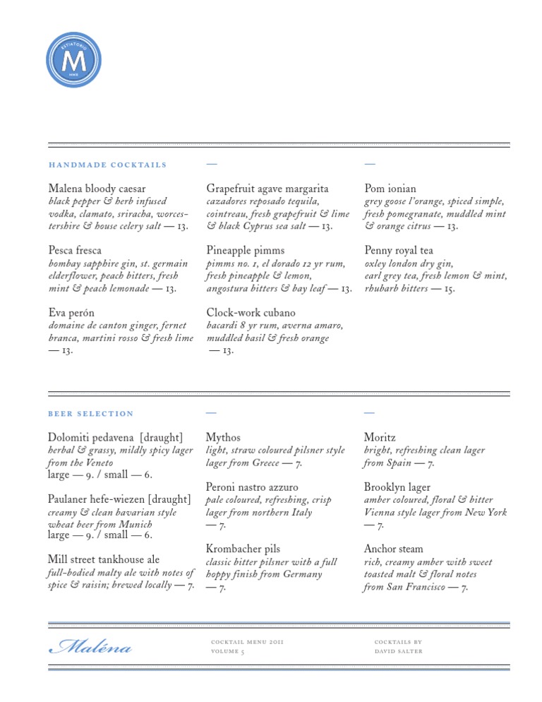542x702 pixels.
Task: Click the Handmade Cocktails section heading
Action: tap(107, 165)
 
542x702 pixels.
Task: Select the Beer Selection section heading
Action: tap(90, 413)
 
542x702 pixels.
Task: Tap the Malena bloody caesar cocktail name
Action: tap(97, 189)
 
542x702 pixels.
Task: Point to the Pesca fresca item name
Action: tap(75, 250)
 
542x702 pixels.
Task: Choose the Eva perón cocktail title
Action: tap(71, 312)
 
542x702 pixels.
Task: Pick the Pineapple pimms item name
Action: tap(246, 250)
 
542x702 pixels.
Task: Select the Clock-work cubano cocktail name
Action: tap(251, 312)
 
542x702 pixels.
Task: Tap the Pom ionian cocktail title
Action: tap(390, 189)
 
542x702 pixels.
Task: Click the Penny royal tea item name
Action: tap(399, 250)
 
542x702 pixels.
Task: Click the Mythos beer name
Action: tap(223, 438)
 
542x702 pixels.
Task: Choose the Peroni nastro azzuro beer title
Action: tap(252, 487)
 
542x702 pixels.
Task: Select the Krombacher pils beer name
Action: tap(243, 549)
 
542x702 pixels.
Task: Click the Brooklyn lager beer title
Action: tap(397, 487)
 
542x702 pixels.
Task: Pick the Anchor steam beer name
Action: tap(394, 549)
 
